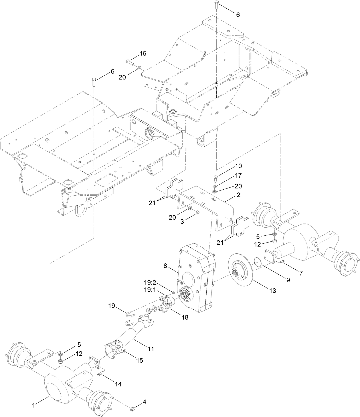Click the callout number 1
pos(33,405)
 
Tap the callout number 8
pos(165,266)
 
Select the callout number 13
pos(272,291)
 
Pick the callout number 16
pos(143,53)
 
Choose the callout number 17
pos(238,175)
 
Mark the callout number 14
pos(118,384)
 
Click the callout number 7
pos(301,273)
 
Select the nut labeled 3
pos(197,212)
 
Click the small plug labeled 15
pos(125,351)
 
